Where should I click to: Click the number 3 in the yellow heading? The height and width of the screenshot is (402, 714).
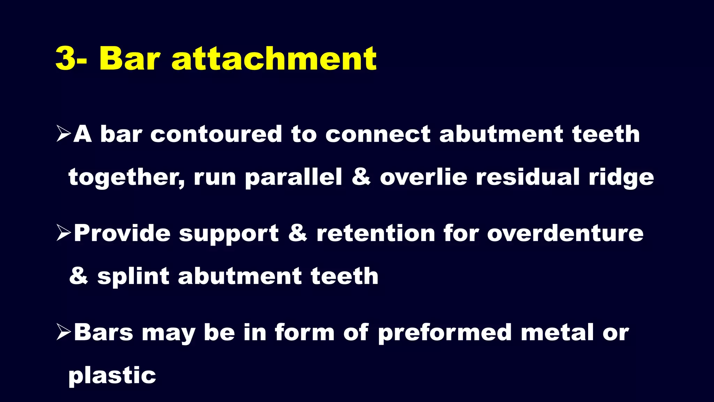(66, 58)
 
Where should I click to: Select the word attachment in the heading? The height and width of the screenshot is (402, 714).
(274, 58)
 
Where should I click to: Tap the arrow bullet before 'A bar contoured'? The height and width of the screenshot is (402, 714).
(64, 134)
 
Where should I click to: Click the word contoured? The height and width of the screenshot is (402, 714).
(216, 134)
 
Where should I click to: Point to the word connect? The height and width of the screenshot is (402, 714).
(378, 134)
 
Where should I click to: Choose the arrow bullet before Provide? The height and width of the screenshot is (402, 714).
(64, 233)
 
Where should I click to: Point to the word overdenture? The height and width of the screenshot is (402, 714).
(565, 233)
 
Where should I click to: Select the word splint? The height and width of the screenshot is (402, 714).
(133, 276)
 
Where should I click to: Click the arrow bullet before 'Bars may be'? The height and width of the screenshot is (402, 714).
(64, 332)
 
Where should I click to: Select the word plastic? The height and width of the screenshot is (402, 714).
(112, 376)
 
